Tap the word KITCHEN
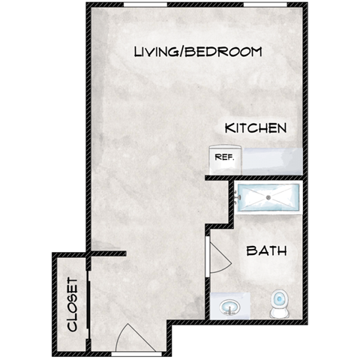[256, 128]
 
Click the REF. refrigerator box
[223, 158]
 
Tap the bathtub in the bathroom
[268, 196]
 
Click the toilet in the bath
[278, 301]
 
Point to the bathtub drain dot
[268, 197]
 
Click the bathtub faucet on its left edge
[238, 196]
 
